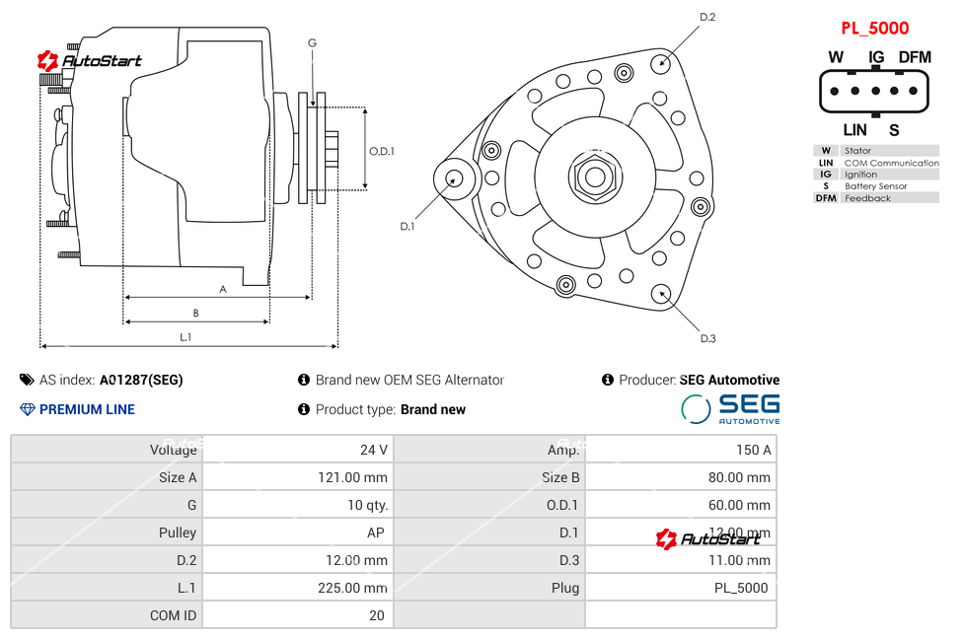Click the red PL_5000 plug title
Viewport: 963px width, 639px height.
874,29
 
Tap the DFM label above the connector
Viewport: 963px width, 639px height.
915,57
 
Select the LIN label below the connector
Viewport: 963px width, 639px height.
854,129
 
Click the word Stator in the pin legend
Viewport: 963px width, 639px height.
857,151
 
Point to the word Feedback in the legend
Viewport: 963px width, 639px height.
867,198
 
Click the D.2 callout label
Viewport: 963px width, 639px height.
707,17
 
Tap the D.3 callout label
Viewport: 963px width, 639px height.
707,338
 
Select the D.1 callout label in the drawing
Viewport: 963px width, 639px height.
407,226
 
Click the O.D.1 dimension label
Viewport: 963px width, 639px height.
382,151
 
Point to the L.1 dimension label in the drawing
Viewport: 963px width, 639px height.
185,336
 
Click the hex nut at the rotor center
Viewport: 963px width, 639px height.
594,177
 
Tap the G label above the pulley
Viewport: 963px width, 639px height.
312,42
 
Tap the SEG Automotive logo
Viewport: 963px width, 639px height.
730,408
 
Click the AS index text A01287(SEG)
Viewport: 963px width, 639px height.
141,380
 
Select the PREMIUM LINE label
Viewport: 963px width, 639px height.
87,409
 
